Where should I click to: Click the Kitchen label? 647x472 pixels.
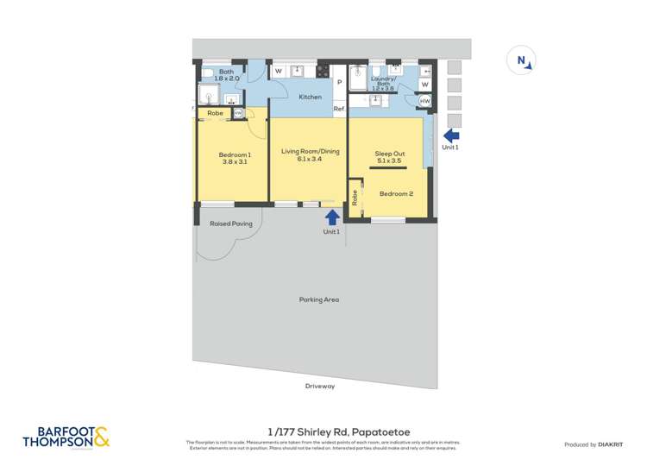[x=311, y=97]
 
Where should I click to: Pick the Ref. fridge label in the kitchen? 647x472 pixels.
[x=339, y=109]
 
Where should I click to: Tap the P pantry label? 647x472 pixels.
[x=339, y=83]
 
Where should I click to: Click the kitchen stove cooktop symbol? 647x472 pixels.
[x=323, y=72]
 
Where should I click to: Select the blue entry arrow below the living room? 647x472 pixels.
[x=331, y=217]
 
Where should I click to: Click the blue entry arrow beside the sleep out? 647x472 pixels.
[x=450, y=135]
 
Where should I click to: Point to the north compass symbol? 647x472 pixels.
[x=523, y=60]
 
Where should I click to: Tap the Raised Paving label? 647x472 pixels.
[x=230, y=223]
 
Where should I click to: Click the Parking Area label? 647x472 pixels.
[x=319, y=299]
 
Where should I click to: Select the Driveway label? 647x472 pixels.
[x=319, y=386]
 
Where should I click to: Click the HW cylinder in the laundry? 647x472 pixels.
[x=424, y=102]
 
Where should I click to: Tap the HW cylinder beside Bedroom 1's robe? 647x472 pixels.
[x=238, y=113]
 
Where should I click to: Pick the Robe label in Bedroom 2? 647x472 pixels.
[x=355, y=197]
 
